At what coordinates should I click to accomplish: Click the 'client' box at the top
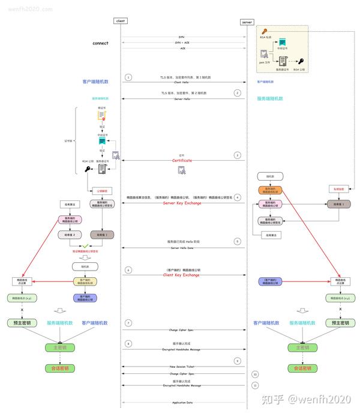[121, 22]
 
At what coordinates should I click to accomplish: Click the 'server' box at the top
[247, 22]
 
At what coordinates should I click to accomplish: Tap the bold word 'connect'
[101, 43]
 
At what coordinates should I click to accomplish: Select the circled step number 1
[128, 78]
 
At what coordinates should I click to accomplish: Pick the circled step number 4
[238, 197]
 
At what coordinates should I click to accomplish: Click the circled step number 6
[128, 270]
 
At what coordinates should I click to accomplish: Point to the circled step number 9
[238, 361]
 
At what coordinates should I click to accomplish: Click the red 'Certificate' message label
[182, 161]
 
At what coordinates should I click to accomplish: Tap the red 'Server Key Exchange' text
[182, 203]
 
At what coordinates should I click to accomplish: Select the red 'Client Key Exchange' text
[182, 275]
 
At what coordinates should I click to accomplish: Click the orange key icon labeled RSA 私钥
[264, 31]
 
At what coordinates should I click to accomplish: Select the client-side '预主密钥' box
[22, 323]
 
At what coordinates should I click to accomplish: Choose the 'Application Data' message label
[182, 403]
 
